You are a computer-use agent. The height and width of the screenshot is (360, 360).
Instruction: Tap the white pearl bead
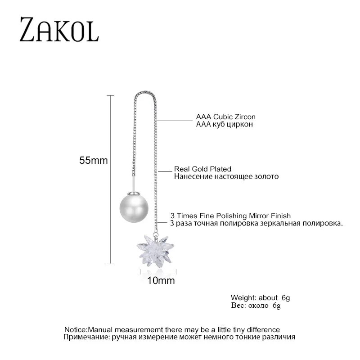coord(132,207)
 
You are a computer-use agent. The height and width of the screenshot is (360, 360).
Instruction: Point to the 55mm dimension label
coord(94,161)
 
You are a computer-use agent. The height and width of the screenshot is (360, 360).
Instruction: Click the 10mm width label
coord(161,281)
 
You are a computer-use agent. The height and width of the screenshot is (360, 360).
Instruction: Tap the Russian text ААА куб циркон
coord(222,124)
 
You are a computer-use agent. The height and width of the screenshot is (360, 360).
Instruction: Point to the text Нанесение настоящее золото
coord(226,176)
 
